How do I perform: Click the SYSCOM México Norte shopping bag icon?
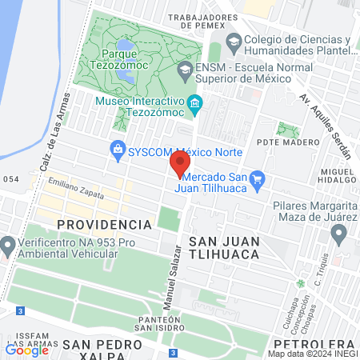[x=117, y=149]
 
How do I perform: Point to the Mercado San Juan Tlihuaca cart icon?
[x=257, y=178]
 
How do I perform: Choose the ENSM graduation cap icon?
[x=185, y=69]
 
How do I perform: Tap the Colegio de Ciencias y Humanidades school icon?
[x=234, y=41]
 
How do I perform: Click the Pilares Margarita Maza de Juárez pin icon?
[x=338, y=234]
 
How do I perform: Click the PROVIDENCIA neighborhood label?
[x=104, y=224]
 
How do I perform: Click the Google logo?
[x=27, y=350]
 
